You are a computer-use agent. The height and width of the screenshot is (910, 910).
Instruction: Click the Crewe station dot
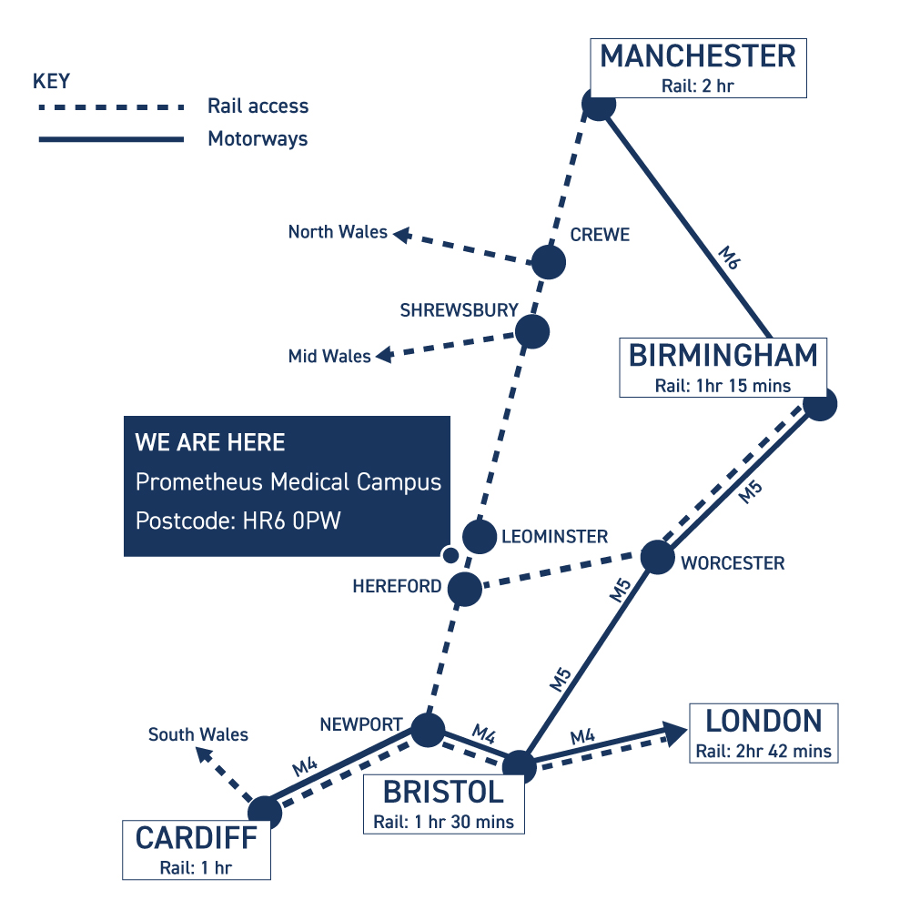point(549,262)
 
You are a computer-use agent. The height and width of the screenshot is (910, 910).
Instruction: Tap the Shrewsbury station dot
point(531,331)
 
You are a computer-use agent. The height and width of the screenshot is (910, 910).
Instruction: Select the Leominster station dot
point(480,536)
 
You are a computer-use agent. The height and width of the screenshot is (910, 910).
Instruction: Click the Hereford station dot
point(465,589)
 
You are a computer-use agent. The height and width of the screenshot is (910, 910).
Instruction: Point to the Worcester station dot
point(658,557)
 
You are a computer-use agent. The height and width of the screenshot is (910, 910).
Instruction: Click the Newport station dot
point(428,730)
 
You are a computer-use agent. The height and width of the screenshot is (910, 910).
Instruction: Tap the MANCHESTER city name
point(698,56)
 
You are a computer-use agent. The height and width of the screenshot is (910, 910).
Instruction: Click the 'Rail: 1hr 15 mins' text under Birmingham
point(723,386)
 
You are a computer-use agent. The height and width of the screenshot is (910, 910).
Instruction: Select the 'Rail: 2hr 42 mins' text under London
point(763,751)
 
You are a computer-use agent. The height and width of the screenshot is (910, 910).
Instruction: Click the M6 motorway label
point(729,258)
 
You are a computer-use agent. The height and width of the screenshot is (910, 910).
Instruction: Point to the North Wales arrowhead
point(402,235)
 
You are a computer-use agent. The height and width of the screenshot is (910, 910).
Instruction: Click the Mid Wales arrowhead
point(385,355)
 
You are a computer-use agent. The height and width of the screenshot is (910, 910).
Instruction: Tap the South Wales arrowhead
point(204,755)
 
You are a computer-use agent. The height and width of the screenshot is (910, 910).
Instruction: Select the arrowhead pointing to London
point(675,733)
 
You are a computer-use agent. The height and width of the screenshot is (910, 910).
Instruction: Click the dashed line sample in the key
point(111,107)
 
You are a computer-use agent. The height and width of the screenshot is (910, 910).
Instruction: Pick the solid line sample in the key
point(111,139)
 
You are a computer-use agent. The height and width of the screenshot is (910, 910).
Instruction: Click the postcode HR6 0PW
point(291,521)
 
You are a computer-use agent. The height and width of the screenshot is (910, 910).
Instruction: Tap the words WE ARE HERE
point(210,442)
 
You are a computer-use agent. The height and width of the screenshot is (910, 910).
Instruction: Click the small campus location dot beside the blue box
point(450,555)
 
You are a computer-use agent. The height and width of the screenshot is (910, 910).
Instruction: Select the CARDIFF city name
point(197,838)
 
